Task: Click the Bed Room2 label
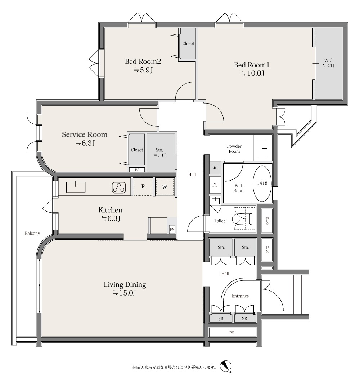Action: (143, 61)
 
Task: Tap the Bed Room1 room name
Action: (252, 65)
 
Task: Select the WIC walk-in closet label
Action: (328, 61)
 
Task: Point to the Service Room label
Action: (85, 134)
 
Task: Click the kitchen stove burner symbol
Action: (119, 188)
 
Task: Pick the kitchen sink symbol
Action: (76, 187)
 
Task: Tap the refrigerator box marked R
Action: (143, 187)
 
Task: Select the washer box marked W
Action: (165, 187)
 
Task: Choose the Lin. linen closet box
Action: (215, 168)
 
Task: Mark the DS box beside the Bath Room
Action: (215, 185)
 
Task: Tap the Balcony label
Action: (32, 234)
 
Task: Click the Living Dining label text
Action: (125, 285)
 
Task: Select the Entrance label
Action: (240, 296)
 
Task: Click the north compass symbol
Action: (226, 366)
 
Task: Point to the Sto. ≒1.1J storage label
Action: (160, 152)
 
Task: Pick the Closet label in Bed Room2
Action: (188, 44)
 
